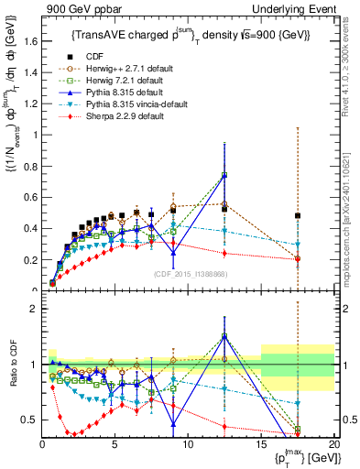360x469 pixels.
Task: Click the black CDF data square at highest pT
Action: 298,216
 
